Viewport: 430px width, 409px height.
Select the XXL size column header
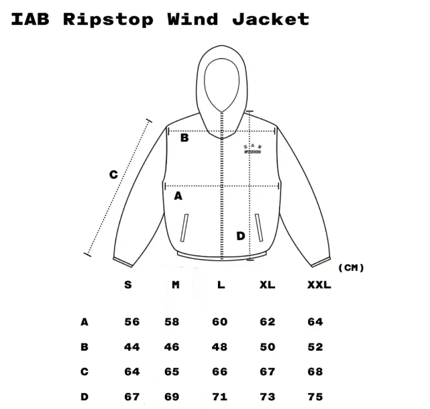319,284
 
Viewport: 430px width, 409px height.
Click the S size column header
128,284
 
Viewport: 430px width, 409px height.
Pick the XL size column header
267,284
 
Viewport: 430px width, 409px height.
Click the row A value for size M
172,322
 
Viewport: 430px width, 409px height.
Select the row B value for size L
220,347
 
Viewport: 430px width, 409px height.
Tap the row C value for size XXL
315,371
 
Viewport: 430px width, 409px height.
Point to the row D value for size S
132,396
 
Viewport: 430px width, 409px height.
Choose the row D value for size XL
267,396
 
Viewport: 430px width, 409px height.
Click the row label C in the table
85,371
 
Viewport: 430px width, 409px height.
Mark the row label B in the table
85,347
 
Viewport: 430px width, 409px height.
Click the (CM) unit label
351,268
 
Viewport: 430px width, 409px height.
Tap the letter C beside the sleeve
113,175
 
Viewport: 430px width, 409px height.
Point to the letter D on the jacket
240,235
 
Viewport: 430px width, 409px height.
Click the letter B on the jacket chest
184,139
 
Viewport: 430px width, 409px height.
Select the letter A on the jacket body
178,196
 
